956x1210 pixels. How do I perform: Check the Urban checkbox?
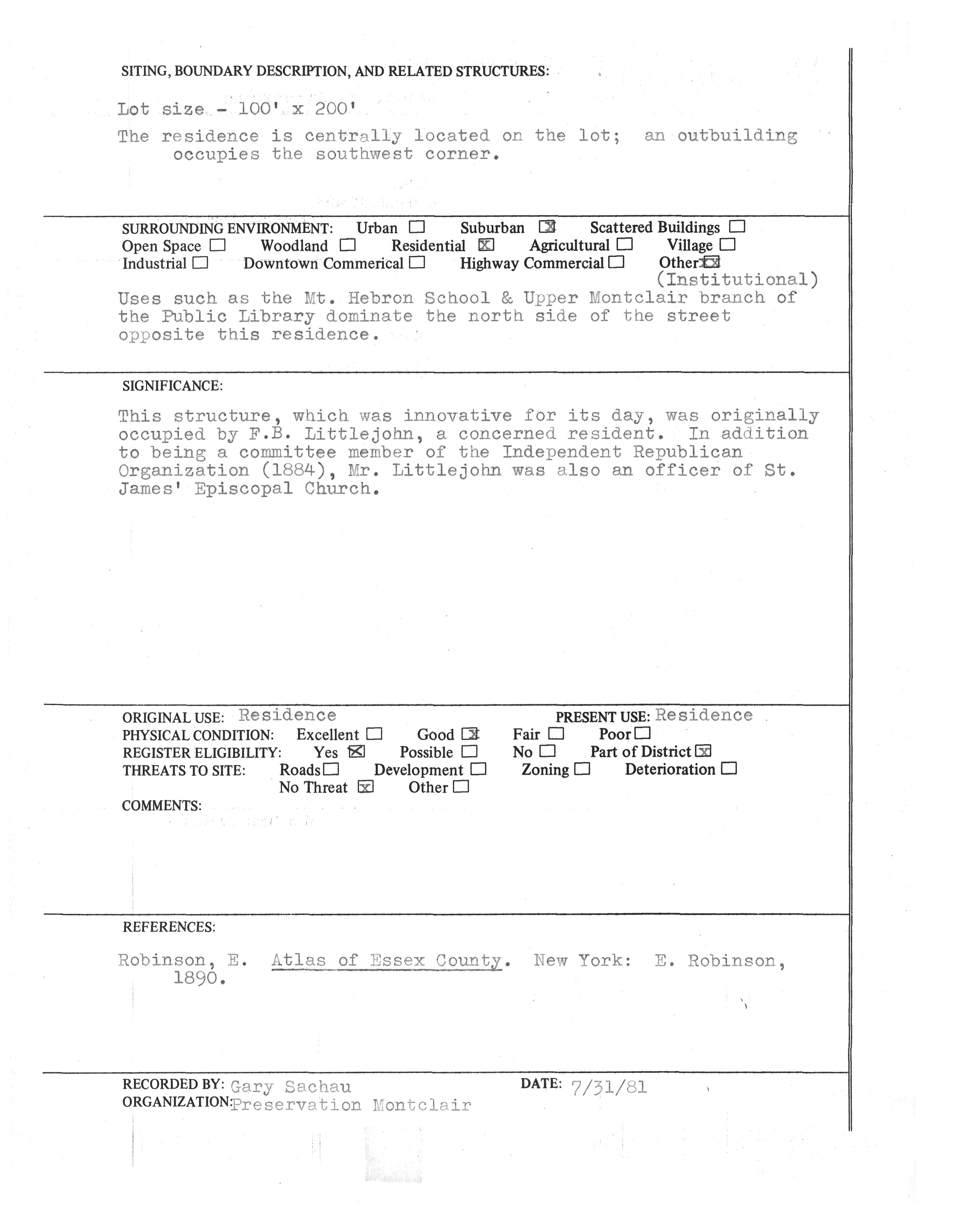pyautogui.click(x=417, y=227)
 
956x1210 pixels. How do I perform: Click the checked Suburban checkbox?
pyautogui.click(x=547, y=226)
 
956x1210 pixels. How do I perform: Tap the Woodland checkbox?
pyautogui.click(x=347, y=245)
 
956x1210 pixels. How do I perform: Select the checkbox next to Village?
pyautogui.click(x=728, y=244)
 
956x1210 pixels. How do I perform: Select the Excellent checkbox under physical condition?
pyautogui.click(x=374, y=733)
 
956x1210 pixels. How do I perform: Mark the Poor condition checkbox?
pyautogui.click(x=643, y=733)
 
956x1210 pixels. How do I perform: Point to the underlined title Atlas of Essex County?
pyautogui.click(x=386, y=960)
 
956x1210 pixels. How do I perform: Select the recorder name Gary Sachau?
pyautogui.click(x=291, y=1086)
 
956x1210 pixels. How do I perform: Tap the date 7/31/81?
pyautogui.click(x=609, y=1086)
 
